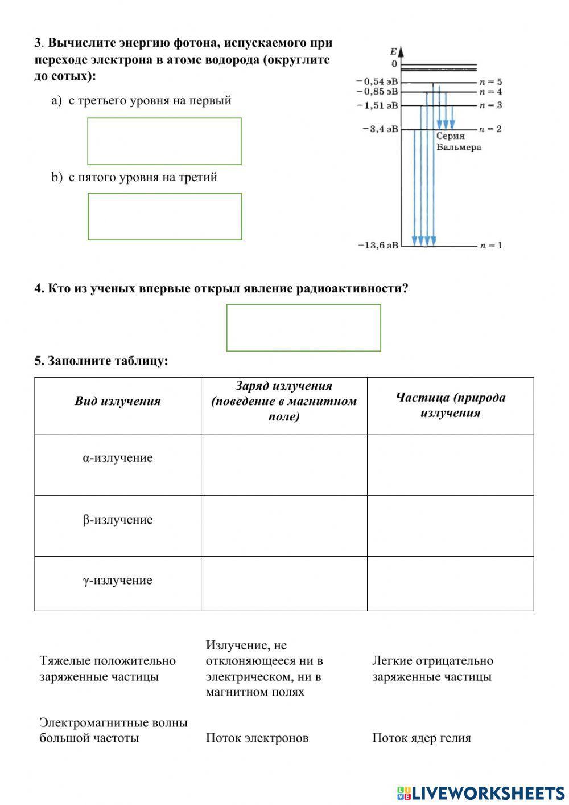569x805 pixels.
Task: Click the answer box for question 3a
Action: click(x=164, y=141)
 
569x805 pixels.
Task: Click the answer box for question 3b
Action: click(x=164, y=216)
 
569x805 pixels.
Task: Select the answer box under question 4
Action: click(x=303, y=328)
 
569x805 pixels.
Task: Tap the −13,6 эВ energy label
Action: click(x=378, y=246)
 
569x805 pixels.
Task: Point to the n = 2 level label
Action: click(x=490, y=129)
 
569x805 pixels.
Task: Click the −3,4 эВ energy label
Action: click(x=380, y=129)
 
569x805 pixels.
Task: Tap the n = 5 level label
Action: click(x=490, y=82)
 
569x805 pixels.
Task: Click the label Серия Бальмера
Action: click(x=458, y=142)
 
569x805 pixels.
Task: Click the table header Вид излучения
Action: click(x=118, y=401)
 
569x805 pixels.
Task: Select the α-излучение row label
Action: click(x=118, y=459)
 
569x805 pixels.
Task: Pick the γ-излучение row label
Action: click(x=118, y=581)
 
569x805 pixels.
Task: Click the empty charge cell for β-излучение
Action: click(x=284, y=525)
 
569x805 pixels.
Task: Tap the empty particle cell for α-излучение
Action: click(x=450, y=464)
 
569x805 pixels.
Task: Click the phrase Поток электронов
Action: click(x=257, y=738)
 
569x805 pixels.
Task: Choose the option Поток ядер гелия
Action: click(x=422, y=738)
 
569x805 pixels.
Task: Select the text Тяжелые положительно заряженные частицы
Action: click(x=108, y=669)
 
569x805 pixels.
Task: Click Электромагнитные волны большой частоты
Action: click(x=113, y=730)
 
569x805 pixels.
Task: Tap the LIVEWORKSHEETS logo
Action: click(x=481, y=792)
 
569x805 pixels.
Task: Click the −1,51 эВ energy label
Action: click(x=378, y=105)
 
